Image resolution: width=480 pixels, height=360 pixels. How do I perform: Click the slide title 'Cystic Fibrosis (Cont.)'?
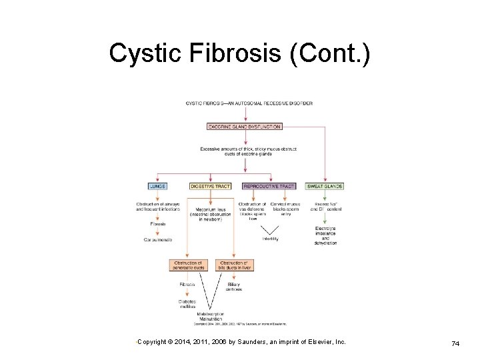pyautogui.click(x=238, y=54)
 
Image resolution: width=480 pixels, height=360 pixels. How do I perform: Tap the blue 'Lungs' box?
pyautogui.click(x=157, y=186)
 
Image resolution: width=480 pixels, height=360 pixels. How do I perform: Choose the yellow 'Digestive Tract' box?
pyautogui.click(x=211, y=186)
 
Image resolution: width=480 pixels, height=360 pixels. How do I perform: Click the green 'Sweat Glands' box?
pyautogui.click(x=325, y=186)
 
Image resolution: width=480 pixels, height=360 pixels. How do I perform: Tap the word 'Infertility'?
pyautogui.click(x=270, y=239)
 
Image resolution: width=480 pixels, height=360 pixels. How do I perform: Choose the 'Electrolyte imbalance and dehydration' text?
pyautogui.click(x=326, y=236)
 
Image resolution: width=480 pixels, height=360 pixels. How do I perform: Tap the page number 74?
pyautogui.click(x=455, y=343)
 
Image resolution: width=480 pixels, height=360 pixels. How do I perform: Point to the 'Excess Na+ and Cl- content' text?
pyautogui.click(x=326, y=207)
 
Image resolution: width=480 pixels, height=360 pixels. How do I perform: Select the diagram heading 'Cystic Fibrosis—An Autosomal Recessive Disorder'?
pyautogui.click(x=249, y=103)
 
